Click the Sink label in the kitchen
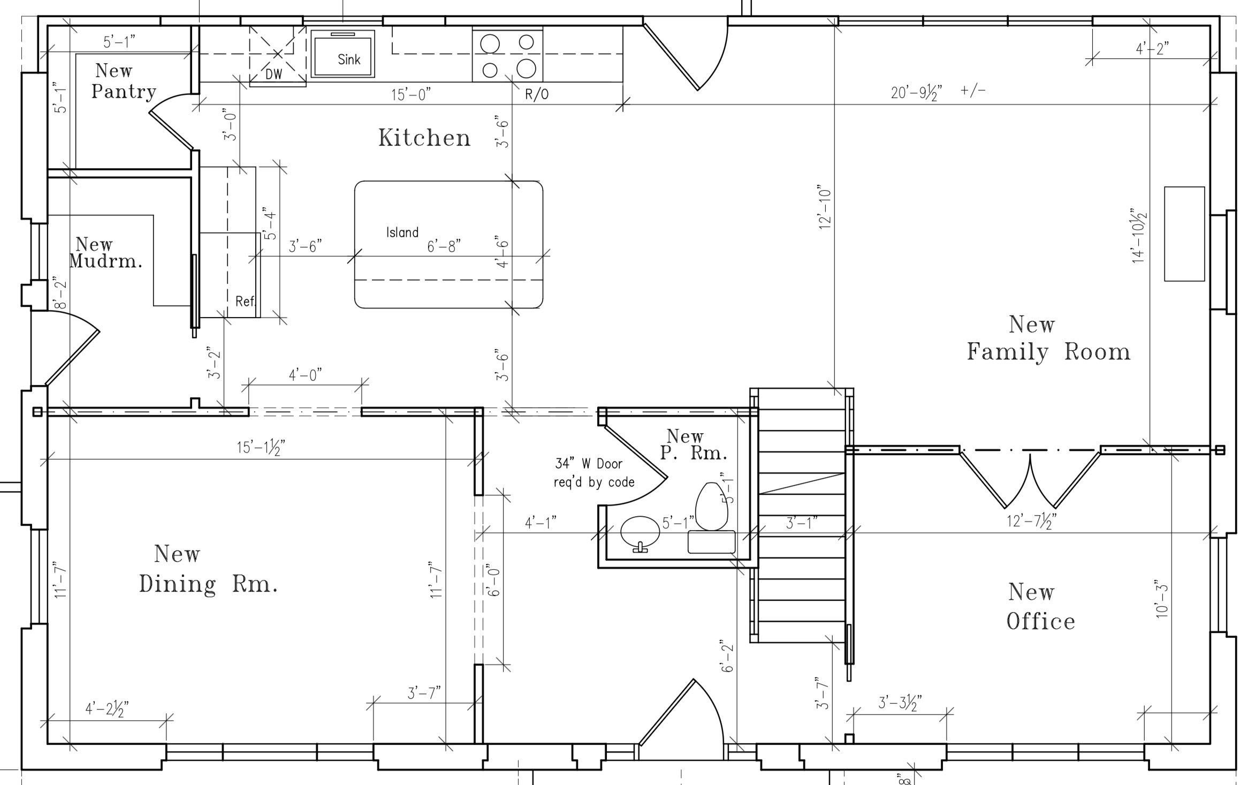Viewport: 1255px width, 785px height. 349,59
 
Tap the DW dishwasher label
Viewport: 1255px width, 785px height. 273,74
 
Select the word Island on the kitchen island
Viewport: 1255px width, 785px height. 402,232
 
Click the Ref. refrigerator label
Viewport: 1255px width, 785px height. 246,301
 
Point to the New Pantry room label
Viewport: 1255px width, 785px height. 124,81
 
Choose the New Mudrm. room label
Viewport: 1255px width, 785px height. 105,253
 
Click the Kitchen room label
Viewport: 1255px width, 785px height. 424,138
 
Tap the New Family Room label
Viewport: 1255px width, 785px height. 1048,338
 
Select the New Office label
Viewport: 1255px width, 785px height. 1040,607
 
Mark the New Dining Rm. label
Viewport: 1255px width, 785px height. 208,569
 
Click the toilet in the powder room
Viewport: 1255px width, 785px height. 711,507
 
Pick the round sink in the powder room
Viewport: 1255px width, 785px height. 640,532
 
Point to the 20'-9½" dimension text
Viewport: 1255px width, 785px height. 916,92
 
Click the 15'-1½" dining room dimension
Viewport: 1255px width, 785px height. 262,447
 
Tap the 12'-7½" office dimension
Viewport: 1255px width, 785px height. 1032,520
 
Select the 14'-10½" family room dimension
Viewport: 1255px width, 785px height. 1139,236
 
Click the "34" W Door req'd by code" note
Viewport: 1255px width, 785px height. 594,473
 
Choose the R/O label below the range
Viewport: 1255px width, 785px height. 537,95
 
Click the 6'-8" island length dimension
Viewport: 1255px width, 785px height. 444,246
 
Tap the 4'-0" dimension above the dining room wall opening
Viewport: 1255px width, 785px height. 306,375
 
